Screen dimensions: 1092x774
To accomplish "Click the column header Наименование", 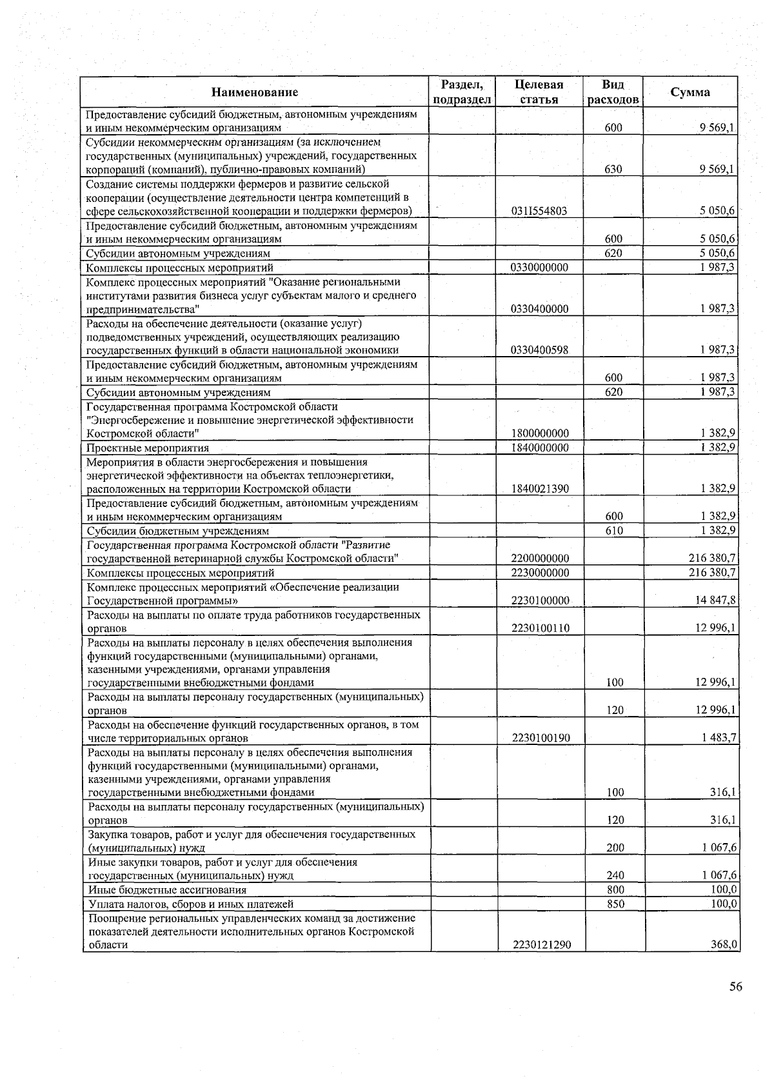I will click(x=255, y=92).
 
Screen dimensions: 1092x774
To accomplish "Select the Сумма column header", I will click(x=690, y=92).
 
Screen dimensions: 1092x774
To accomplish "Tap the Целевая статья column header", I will click(x=539, y=92).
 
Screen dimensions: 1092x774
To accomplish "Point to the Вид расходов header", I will click(x=613, y=92).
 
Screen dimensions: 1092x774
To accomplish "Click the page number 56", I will click(x=735, y=987).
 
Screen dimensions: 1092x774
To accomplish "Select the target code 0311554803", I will click(x=539, y=212).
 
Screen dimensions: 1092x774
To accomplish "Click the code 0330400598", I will click(x=539, y=350).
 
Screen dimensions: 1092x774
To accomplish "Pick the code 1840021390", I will click(x=539, y=489).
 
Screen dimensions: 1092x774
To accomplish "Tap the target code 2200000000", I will click(x=539, y=559).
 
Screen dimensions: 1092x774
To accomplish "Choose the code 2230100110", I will click(x=540, y=628).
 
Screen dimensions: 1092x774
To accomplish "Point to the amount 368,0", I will click(x=724, y=945).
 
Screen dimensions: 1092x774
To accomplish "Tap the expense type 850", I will click(x=615, y=904).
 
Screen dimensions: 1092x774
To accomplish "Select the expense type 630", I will click(x=613, y=170).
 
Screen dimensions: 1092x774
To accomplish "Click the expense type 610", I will click(x=614, y=531).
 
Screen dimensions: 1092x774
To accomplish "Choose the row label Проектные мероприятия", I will click(x=148, y=448).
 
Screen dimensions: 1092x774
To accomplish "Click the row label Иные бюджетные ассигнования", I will click(x=167, y=890).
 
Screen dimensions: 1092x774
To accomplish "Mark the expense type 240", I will click(x=615, y=876).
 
